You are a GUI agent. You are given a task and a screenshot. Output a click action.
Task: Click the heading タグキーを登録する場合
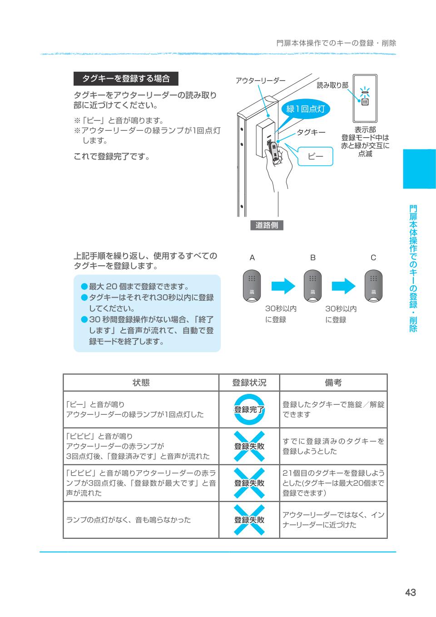click(x=126, y=79)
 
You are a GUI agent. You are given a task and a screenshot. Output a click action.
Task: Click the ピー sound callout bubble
click(x=315, y=156)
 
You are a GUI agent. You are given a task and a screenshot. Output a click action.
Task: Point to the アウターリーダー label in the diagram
click(x=260, y=81)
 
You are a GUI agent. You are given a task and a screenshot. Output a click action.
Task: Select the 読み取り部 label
click(x=332, y=85)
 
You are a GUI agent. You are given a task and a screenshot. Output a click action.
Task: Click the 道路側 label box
click(x=267, y=225)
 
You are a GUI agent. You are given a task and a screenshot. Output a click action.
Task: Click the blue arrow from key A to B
click(x=283, y=286)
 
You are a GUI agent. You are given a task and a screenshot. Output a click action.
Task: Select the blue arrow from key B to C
click(x=343, y=286)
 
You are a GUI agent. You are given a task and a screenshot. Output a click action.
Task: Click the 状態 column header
click(x=141, y=383)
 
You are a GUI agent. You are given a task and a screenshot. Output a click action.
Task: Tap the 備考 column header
click(x=333, y=383)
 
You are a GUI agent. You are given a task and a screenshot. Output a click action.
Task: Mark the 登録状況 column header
click(x=249, y=383)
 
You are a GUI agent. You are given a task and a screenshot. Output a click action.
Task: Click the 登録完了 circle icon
click(x=249, y=409)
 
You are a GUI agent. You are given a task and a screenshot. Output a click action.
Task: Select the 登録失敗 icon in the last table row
click(x=249, y=520)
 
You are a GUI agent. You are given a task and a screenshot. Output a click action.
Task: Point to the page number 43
click(x=410, y=592)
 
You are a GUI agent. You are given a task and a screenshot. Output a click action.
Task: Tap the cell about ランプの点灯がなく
click(x=141, y=520)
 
